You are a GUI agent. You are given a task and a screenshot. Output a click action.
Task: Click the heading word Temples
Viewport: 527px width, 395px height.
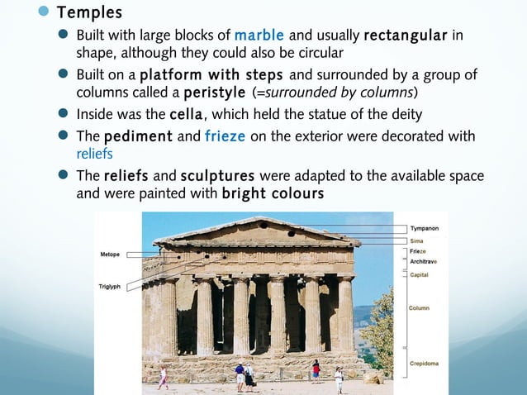89,13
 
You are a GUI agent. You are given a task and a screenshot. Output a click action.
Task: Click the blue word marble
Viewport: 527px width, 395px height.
259,36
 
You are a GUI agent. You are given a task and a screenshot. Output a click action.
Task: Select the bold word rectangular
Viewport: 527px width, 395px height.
406,36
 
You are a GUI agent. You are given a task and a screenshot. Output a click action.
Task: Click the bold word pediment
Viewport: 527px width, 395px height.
135,136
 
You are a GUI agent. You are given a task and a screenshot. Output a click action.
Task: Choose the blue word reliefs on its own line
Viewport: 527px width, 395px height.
93,153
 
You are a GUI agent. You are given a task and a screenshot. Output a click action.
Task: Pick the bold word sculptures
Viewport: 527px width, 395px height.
218,176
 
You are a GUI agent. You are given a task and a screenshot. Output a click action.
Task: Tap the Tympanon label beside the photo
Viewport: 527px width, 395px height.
425,227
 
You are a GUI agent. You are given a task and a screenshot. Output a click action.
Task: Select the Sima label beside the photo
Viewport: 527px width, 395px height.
417,240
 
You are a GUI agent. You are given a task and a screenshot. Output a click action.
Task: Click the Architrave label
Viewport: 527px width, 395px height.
424,261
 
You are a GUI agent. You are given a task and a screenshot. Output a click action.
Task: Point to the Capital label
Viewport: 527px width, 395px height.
420,275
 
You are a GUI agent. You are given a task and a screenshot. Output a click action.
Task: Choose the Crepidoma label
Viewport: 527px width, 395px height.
424,363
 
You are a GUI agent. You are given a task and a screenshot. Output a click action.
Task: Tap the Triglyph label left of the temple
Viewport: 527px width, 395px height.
111,286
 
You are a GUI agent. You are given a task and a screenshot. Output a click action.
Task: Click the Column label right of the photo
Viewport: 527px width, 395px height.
419,308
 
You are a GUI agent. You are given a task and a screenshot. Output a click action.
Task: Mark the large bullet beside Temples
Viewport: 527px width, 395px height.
42,13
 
